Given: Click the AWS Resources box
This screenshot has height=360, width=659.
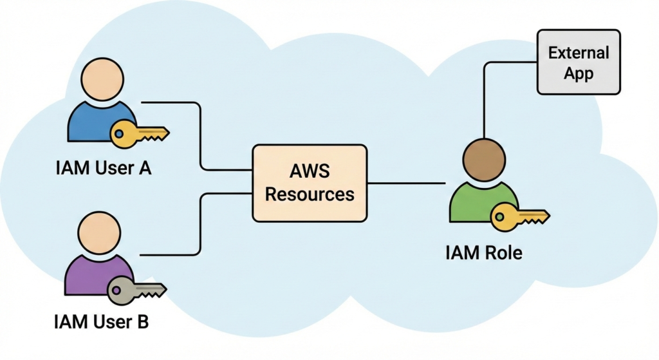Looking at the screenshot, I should (x=310, y=183).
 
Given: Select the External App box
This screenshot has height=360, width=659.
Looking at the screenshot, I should (x=579, y=62).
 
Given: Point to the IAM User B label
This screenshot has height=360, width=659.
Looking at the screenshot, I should (x=102, y=320).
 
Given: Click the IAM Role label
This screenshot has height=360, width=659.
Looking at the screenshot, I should (x=483, y=252).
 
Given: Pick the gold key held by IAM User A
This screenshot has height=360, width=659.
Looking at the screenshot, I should (x=139, y=134).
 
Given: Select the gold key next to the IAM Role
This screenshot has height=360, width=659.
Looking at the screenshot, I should (x=519, y=217).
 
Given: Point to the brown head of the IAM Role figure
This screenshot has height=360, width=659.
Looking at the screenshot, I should (x=484, y=160).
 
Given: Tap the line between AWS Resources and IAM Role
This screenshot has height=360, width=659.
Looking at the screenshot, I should (x=405, y=183).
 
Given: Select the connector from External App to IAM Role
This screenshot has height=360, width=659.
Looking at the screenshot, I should (x=484, y=97).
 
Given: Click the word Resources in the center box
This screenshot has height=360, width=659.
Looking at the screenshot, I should (x=310, y=193).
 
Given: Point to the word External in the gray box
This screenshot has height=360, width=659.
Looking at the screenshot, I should (x=579, y=53).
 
